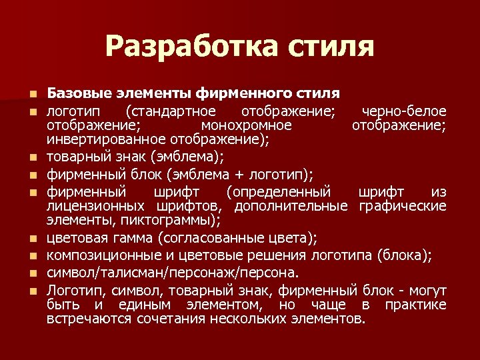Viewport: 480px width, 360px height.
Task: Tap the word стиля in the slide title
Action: coord(331,46)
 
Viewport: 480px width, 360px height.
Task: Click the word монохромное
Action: coord(246,125)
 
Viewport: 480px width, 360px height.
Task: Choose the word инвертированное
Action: coord(105,140)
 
